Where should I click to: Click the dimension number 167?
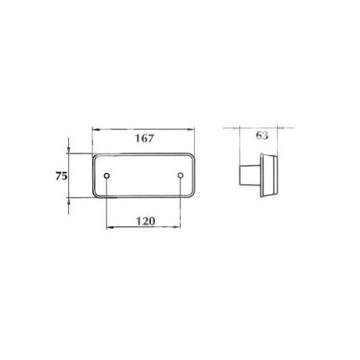[144, 138]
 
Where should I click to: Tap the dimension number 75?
[61, 176]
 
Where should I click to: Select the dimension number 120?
[146, 221]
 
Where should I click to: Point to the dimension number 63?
[262, 135]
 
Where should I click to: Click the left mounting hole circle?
[106, 175]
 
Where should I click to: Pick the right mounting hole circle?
[181, 175]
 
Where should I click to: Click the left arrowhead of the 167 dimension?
[95, 129]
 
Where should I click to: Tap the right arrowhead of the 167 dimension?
[191, 129]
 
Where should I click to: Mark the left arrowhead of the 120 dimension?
[110, 228]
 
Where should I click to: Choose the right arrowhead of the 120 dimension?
[177, 227]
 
